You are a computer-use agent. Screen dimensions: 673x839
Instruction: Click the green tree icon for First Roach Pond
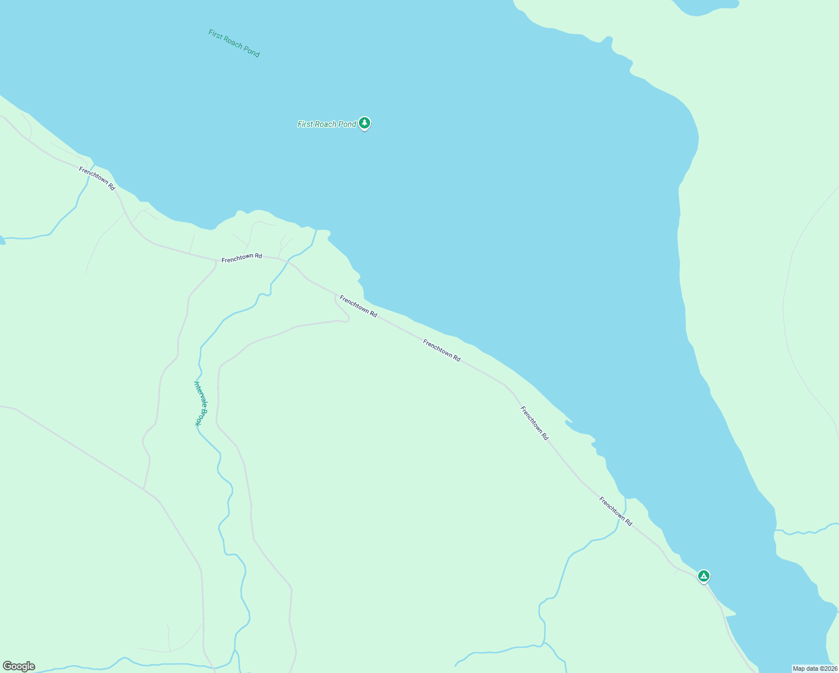click(x=365, y=122)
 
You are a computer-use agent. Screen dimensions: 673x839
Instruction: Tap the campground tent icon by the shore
click(x=703, y=575)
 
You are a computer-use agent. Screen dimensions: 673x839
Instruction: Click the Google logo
click(x=19, y=666)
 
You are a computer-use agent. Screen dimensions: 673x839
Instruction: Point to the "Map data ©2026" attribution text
click(x=815, y=669)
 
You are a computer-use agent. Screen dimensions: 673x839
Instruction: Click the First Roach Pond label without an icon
click(x=234, y=43)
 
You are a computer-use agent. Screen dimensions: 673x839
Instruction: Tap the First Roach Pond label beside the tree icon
click(x=326, y=124)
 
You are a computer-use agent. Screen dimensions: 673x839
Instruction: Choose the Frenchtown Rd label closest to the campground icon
click(x=615, y=511)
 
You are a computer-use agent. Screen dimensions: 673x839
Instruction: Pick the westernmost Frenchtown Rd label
click(x=97, y=178)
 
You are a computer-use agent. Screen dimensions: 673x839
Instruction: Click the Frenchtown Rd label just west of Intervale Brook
click(x=241, y=258)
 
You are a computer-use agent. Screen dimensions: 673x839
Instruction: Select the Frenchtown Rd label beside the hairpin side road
click(x=358, y=306)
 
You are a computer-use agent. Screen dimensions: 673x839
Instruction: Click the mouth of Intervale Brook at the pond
click(x=316, y=231)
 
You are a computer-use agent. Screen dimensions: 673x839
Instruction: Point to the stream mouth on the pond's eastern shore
click(x=776, y=530)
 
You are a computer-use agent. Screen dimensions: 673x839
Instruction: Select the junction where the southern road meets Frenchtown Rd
click(x=216, y=260)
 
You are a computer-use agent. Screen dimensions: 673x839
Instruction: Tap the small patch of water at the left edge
click(x=2, y=240)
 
